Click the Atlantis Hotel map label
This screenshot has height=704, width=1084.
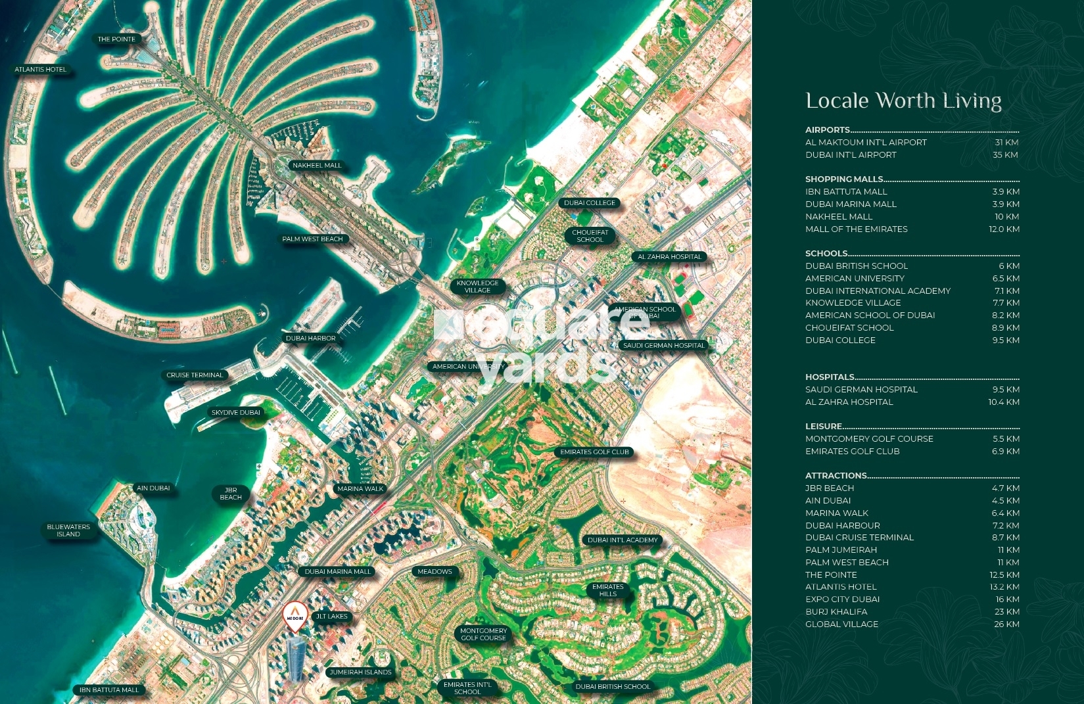tap(41, 70)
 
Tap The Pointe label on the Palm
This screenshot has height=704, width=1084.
tap(116, 39)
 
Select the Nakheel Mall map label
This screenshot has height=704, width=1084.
tap(317, 166)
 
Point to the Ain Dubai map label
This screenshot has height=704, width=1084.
tap(153, 488)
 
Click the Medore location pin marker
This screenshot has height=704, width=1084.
tap(295, 617)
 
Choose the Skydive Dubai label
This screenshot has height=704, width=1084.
tap(235, 413)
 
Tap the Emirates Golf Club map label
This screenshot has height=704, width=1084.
tap(594, 452)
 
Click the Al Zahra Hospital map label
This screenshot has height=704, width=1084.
tap(669, 257)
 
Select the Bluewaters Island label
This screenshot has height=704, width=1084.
tap(68, 530)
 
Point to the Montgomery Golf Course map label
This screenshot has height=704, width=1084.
tap(483, 634)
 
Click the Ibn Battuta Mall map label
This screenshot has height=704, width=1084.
tap(109, 690)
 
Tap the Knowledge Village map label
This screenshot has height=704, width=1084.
tap(477, 287)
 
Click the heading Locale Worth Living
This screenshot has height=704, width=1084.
tap(903, 101)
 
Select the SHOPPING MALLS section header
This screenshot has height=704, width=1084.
tap(844, 179)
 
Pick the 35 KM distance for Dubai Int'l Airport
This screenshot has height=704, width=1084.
tap(1005, 155)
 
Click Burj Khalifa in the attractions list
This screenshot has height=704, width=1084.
tap(836, 612)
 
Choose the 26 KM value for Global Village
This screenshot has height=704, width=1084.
tap(1006, 624)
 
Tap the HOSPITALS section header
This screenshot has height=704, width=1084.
tap(830, 377)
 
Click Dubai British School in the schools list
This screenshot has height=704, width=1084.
tap(857, 266)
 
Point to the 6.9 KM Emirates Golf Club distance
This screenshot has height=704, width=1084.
tap(1006, 452)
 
